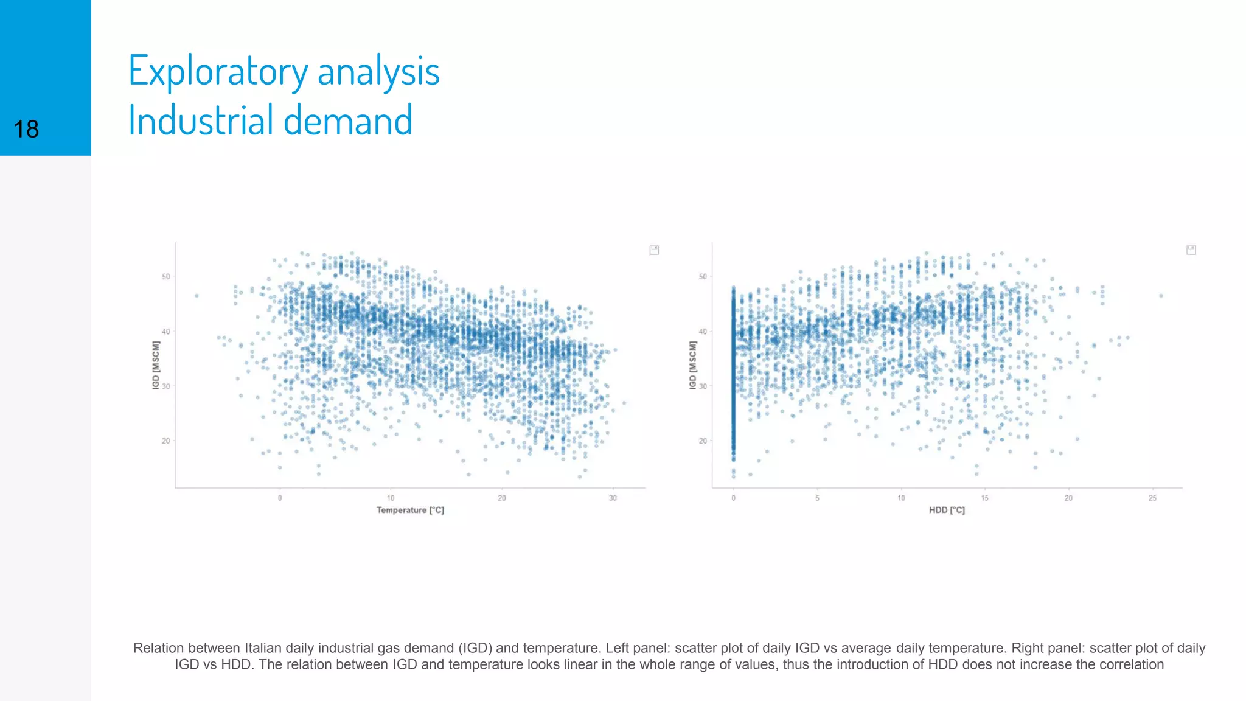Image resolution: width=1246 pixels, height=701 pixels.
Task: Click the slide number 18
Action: [x=26, y=130]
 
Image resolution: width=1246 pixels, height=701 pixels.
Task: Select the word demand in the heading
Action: [x=348, y=120]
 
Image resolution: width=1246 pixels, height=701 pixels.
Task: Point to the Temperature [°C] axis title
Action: [x=410, y=510]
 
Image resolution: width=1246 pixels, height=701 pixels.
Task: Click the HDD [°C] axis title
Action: [x=947, y=510]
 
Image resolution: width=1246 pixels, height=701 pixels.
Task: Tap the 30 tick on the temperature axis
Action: [x=613, y=498]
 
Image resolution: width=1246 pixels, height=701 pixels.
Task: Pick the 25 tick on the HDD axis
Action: [x=1152, y=498]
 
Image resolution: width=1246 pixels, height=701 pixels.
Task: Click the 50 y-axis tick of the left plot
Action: [x=166, y=276]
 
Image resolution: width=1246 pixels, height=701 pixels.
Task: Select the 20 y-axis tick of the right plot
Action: [x=703, y=441]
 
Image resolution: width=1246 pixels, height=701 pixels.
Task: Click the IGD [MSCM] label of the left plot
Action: [x=156, y=365]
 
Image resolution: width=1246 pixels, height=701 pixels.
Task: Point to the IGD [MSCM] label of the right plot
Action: [x=693, y=365]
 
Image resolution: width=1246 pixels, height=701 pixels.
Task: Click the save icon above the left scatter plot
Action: [x=654, y=250]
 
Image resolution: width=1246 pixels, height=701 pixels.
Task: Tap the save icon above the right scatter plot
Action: [x=1191, y=250]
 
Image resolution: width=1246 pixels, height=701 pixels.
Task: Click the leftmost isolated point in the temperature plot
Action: [x=197, y=296]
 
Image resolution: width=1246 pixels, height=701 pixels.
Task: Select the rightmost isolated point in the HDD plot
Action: [x=1161, y=296]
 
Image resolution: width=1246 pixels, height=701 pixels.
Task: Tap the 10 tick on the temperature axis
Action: [x=391, y=498]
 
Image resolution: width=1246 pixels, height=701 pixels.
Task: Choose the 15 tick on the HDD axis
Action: [x=984, y=498]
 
